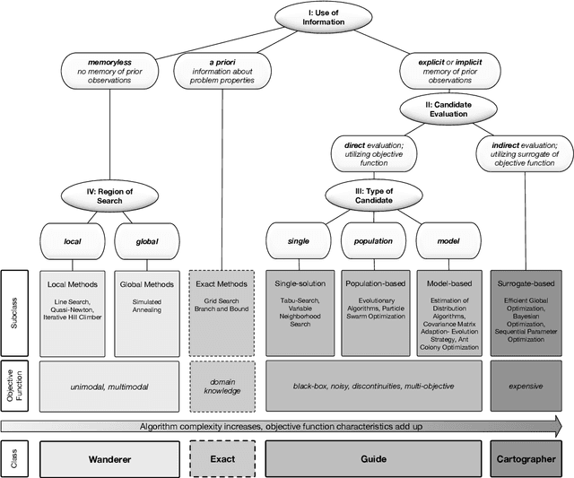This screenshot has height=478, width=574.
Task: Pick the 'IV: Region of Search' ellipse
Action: click(x=111, y=196)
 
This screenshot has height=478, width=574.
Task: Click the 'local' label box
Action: click(x=74, y=239)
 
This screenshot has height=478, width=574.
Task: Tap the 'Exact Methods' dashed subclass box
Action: click(x=222, y=309)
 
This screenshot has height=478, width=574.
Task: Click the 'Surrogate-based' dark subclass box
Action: click(x=526, y=309)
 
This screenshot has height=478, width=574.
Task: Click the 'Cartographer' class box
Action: click(x=526, y=458)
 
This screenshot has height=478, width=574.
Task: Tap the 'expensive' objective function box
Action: click(x=526, y=386)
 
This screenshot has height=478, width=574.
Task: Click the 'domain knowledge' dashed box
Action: click(x=222, y=386)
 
